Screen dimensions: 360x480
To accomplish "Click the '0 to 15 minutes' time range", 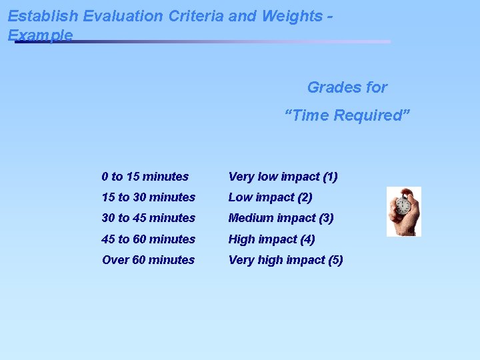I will click(145, 177).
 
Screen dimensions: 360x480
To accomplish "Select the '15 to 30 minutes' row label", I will click(149, 197).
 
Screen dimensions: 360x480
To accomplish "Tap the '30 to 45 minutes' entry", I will click(149, 218).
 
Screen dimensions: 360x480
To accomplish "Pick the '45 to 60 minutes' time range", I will click(149, 239).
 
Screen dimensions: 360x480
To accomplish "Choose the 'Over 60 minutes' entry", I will click(148, 260).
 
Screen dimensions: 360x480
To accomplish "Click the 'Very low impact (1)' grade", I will click(283, 177).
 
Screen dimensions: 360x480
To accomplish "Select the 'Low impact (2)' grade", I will click(270, 197).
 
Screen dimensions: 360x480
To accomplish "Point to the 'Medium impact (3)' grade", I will click(281, 218).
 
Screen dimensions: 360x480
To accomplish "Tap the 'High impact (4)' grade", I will click(271, 239).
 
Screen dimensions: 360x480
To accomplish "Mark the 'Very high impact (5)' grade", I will click(285, 260).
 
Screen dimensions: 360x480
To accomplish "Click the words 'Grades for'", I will click(347, 87).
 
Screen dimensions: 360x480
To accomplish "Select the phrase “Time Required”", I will click(347, 115).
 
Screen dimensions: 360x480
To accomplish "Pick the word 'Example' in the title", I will click(40, 35).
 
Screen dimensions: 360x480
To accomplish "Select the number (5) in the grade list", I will click(335, 260).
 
